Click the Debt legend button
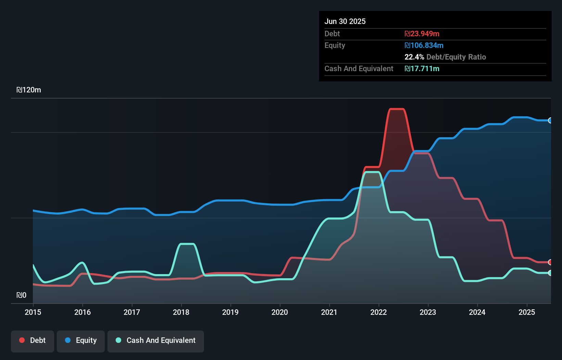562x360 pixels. click(33, 341)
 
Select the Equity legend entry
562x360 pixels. click(81, 341)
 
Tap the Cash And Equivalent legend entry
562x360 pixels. click(156, 341)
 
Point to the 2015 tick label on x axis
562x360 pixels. click(33, 312)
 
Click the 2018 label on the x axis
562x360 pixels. click(181, 312)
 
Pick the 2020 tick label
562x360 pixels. click(280, 312)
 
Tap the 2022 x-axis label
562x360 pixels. click(379, 312)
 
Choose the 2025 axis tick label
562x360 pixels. click(526, 312)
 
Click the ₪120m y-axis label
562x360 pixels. click(29, 90)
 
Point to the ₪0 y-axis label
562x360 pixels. click(21, 295)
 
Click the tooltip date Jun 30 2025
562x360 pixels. click(345, 21)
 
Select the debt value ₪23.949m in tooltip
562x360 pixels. click(422, 34)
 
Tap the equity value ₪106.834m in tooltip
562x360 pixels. click(424, 45)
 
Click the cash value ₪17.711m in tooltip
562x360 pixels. click(422, 68)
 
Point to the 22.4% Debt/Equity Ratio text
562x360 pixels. click(445, 57)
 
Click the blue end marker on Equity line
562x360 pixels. click(550, 120)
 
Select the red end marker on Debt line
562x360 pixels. click(550, 262)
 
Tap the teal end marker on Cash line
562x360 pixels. click(550, 273)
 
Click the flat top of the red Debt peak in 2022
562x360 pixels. click(397, 109)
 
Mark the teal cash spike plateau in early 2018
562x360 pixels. click(187, 244)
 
